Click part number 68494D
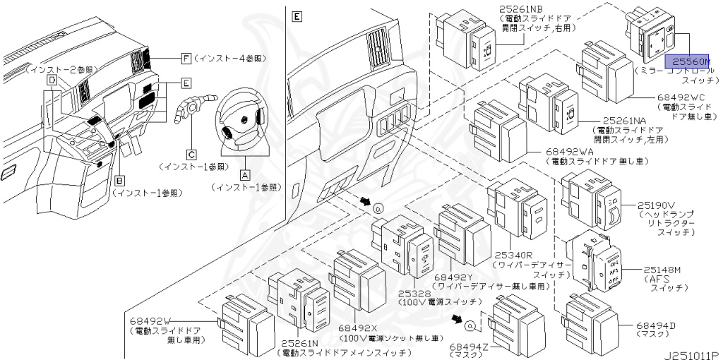click(x=656, y=325)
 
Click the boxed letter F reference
click(x=186, y=57)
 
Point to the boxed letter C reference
click(x=191, y=153)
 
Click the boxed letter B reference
click(x=120, y=179)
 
